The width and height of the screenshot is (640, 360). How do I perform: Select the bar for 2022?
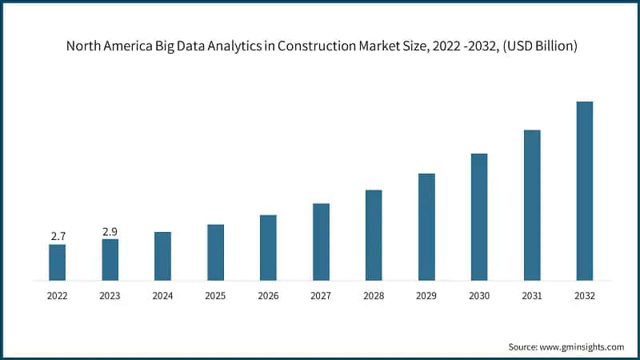click(57, 262)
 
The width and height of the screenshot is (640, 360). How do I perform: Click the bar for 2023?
click(110, 260)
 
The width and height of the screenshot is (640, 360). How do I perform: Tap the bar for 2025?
click(215, 252)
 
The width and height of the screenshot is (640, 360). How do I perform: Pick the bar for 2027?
click(321, 242)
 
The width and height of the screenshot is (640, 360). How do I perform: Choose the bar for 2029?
click(426, 227)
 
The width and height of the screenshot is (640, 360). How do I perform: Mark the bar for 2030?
click(479, 217)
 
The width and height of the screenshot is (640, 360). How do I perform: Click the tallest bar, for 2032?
click(585, 191)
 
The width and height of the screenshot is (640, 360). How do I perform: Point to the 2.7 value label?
click(58, 236)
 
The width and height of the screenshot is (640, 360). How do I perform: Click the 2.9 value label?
click(110, 231)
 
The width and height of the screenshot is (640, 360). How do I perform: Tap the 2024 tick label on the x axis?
click(162, 295)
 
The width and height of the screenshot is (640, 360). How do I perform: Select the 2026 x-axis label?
click(268, 295)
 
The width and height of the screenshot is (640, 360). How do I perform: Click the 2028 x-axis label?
click(374, 295)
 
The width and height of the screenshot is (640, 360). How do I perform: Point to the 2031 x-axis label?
click(532, 295)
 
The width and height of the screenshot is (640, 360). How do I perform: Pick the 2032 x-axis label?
click(585, 295)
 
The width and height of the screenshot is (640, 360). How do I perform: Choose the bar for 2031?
click(532, 205)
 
